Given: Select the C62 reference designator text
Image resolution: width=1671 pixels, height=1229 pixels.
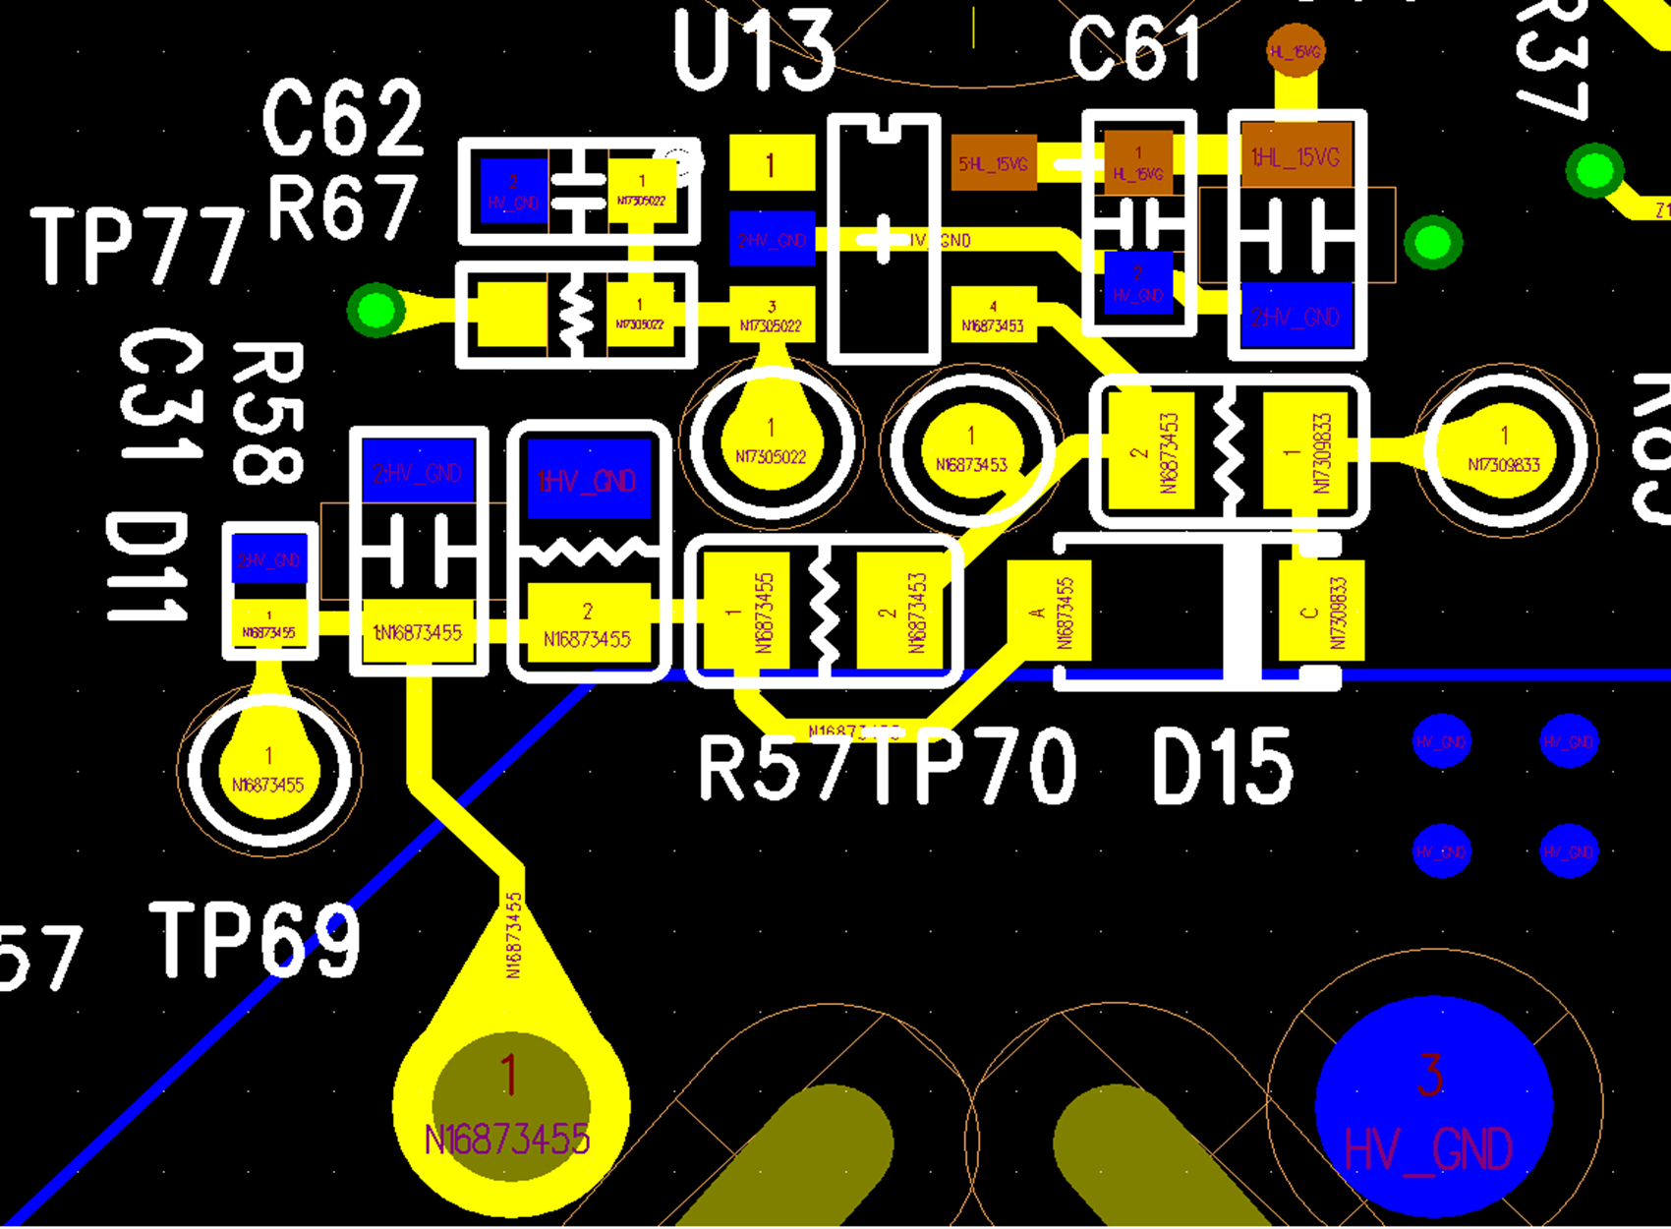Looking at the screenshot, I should tap(343, 118).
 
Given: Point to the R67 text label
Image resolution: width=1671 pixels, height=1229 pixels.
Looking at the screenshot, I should tap(342, 207).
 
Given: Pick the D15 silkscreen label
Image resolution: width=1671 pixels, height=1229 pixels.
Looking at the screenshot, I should tap(1223, 768).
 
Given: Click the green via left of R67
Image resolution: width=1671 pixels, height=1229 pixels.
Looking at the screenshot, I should tap(376, 311).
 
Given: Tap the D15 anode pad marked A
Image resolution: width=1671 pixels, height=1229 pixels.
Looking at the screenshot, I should tap(1049, 611).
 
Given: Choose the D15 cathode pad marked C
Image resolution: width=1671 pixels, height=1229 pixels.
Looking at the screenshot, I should tap(1321, 611).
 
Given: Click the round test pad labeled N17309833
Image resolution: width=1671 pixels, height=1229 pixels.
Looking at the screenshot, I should tap(1503, 450).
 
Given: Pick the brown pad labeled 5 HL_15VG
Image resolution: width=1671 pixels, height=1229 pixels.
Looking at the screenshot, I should tap(994, 162).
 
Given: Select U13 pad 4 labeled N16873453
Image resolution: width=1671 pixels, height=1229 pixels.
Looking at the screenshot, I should tap(994, 315).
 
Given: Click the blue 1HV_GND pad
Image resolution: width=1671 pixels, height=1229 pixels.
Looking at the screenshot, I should tap(589, 479).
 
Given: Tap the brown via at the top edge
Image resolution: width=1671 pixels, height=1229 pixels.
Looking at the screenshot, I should tap(1296, 51).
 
